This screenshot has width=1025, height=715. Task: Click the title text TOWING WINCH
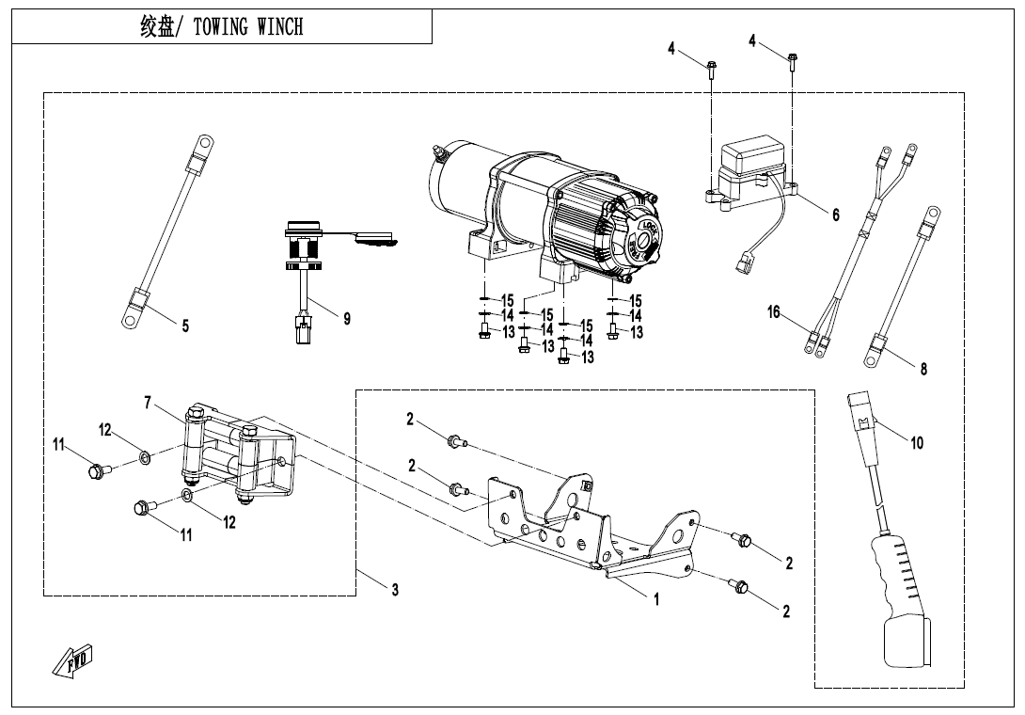[248, 27]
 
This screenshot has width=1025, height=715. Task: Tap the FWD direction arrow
[73, 659]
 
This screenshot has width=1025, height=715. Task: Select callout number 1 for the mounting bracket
[657, 598]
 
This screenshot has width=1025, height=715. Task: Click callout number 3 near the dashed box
[395, 589]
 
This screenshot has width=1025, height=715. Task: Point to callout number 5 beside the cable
[185, 326]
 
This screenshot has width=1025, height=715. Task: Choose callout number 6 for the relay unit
[835, 214]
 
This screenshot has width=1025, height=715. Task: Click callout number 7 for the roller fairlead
[148, 403]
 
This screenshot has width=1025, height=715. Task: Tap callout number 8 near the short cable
[923, 369]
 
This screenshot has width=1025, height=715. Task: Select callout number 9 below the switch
[347, 319]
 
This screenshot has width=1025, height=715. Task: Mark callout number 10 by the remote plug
[917, 443]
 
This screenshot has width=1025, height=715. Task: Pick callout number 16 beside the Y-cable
[774, 312]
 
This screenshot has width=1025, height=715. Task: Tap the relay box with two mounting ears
[751, 173]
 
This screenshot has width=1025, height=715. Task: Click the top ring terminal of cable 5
[206, 143]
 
